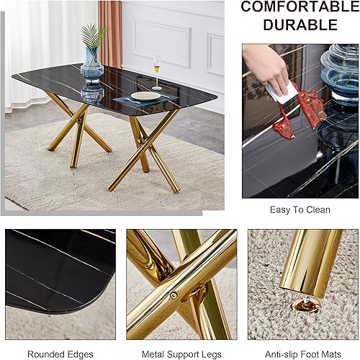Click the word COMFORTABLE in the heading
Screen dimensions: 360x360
tap(299, 7)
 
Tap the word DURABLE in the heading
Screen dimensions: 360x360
tap(299, 25)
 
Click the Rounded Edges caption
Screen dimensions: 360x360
tap(60, 354)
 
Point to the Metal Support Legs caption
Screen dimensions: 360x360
tap(181, 354)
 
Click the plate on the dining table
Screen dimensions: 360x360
tap(145, 96)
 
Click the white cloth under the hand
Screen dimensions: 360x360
tap(283, 93)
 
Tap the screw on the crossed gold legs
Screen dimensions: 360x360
tap(173, 294)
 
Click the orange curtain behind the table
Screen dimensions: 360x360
tap(109, 29)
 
